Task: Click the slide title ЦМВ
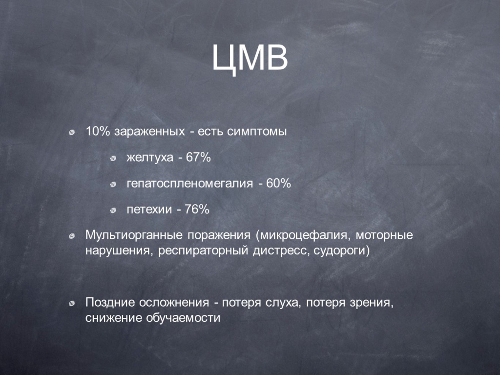pos(250,59)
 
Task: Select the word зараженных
pos(149,132)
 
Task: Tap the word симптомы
pos(257,132)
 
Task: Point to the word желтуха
pos(150,158)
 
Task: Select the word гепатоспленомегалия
pos(190,184)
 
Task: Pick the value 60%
pos(278,184)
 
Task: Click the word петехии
pos(149,209)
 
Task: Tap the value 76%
pos(197,209)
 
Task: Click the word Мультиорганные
pos(134,235)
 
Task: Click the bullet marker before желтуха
pos(113,158)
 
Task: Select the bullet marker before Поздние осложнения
pos(72,303)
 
